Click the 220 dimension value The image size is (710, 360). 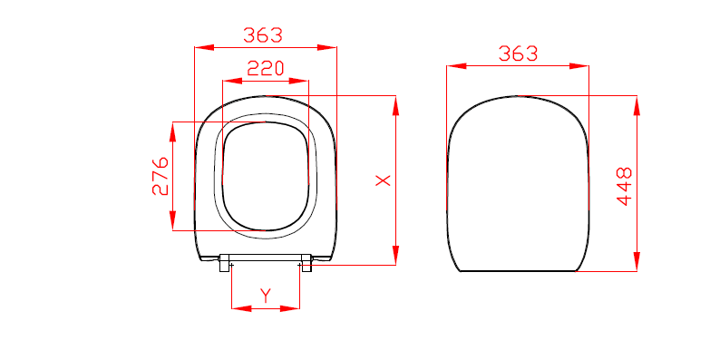click(x=266, y=68)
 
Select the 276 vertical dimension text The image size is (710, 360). click(x=160, y=176)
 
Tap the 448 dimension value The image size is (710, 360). click(x=624, y=186)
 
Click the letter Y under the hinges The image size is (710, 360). click(x=266, y=295)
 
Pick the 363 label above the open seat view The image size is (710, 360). click(x=263, y=35)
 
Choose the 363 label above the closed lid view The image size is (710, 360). click(x=518, y=54)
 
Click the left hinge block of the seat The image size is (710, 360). click(x=225, y=263)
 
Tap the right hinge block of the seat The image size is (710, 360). click(x=306, y=263)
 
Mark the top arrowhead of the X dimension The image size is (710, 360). click(x=395, y=103)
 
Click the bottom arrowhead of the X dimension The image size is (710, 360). click(x=395, y=257)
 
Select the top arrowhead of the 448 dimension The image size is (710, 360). click(x=637, y=103)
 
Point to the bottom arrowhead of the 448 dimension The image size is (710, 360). click(x=637, y=262)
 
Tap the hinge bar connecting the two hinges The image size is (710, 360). click(x=266, y=257)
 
